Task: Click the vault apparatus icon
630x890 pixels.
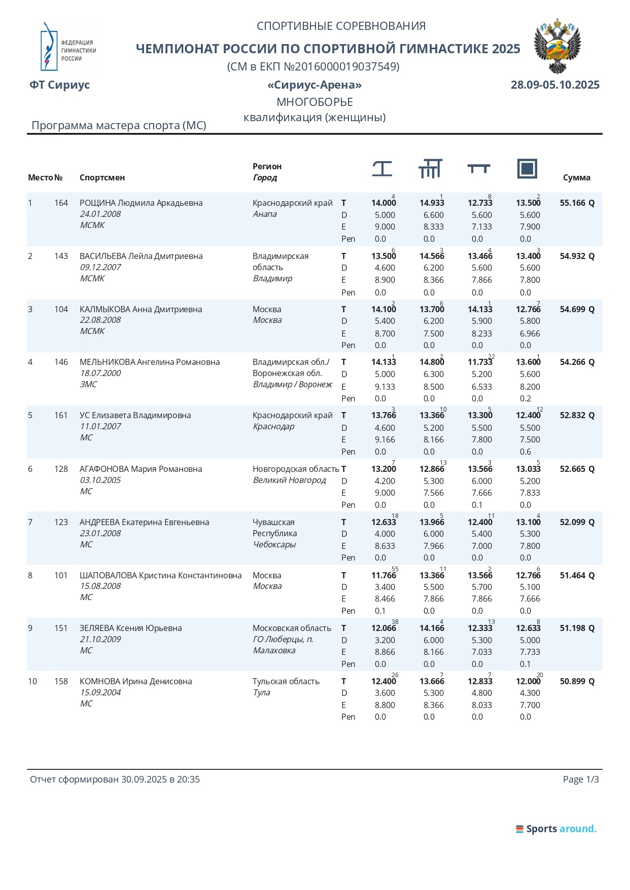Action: pyautogui.click(x=382, y=168)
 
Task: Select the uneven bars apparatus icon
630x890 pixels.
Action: pyautogui.click(x=430, y=168)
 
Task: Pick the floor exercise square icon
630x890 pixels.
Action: pyautogui.click(x=527, y=168)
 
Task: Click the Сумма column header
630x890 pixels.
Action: pyautogui.click(x=576, y=177)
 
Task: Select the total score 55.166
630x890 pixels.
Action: pyautogui.click(x=572, y=203)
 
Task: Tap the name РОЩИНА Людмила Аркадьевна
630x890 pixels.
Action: pyautogui.click(x=141, y=203)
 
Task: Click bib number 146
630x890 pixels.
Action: pyautogui.click(x=61, y=362)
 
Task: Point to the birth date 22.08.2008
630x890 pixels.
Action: pyautogui.click(x=100, y=320)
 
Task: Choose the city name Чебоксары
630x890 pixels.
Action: pyautogui.click(x=274, y=544)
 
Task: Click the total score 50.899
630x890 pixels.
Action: pyautogui.click(x=572, y=681)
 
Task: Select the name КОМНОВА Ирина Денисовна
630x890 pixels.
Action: pyautogui.click(x=136, y=681)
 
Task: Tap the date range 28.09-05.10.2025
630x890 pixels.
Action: pyautogui.click(x=555, y=85)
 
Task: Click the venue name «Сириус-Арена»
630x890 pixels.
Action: pyautogui.click(x=314, y=85)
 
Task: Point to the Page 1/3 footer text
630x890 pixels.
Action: pyautogui.click(x=581, y=779)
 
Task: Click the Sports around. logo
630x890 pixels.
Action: pyautogui.click(x=556, y=829)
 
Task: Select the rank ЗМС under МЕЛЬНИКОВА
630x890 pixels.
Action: pyautogui.click(x=88, y=384)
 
